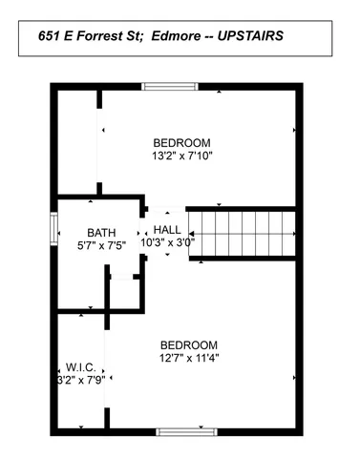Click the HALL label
pos(167,230)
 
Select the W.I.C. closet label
pos(79,366)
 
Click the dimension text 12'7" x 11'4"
pos(188,359)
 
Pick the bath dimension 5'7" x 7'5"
pos(100,245)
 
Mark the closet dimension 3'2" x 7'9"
pos(79,379)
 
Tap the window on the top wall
pos(171,87)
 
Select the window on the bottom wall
pos(183,431)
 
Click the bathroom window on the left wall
pos(53,230)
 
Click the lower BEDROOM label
pos(188,345)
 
